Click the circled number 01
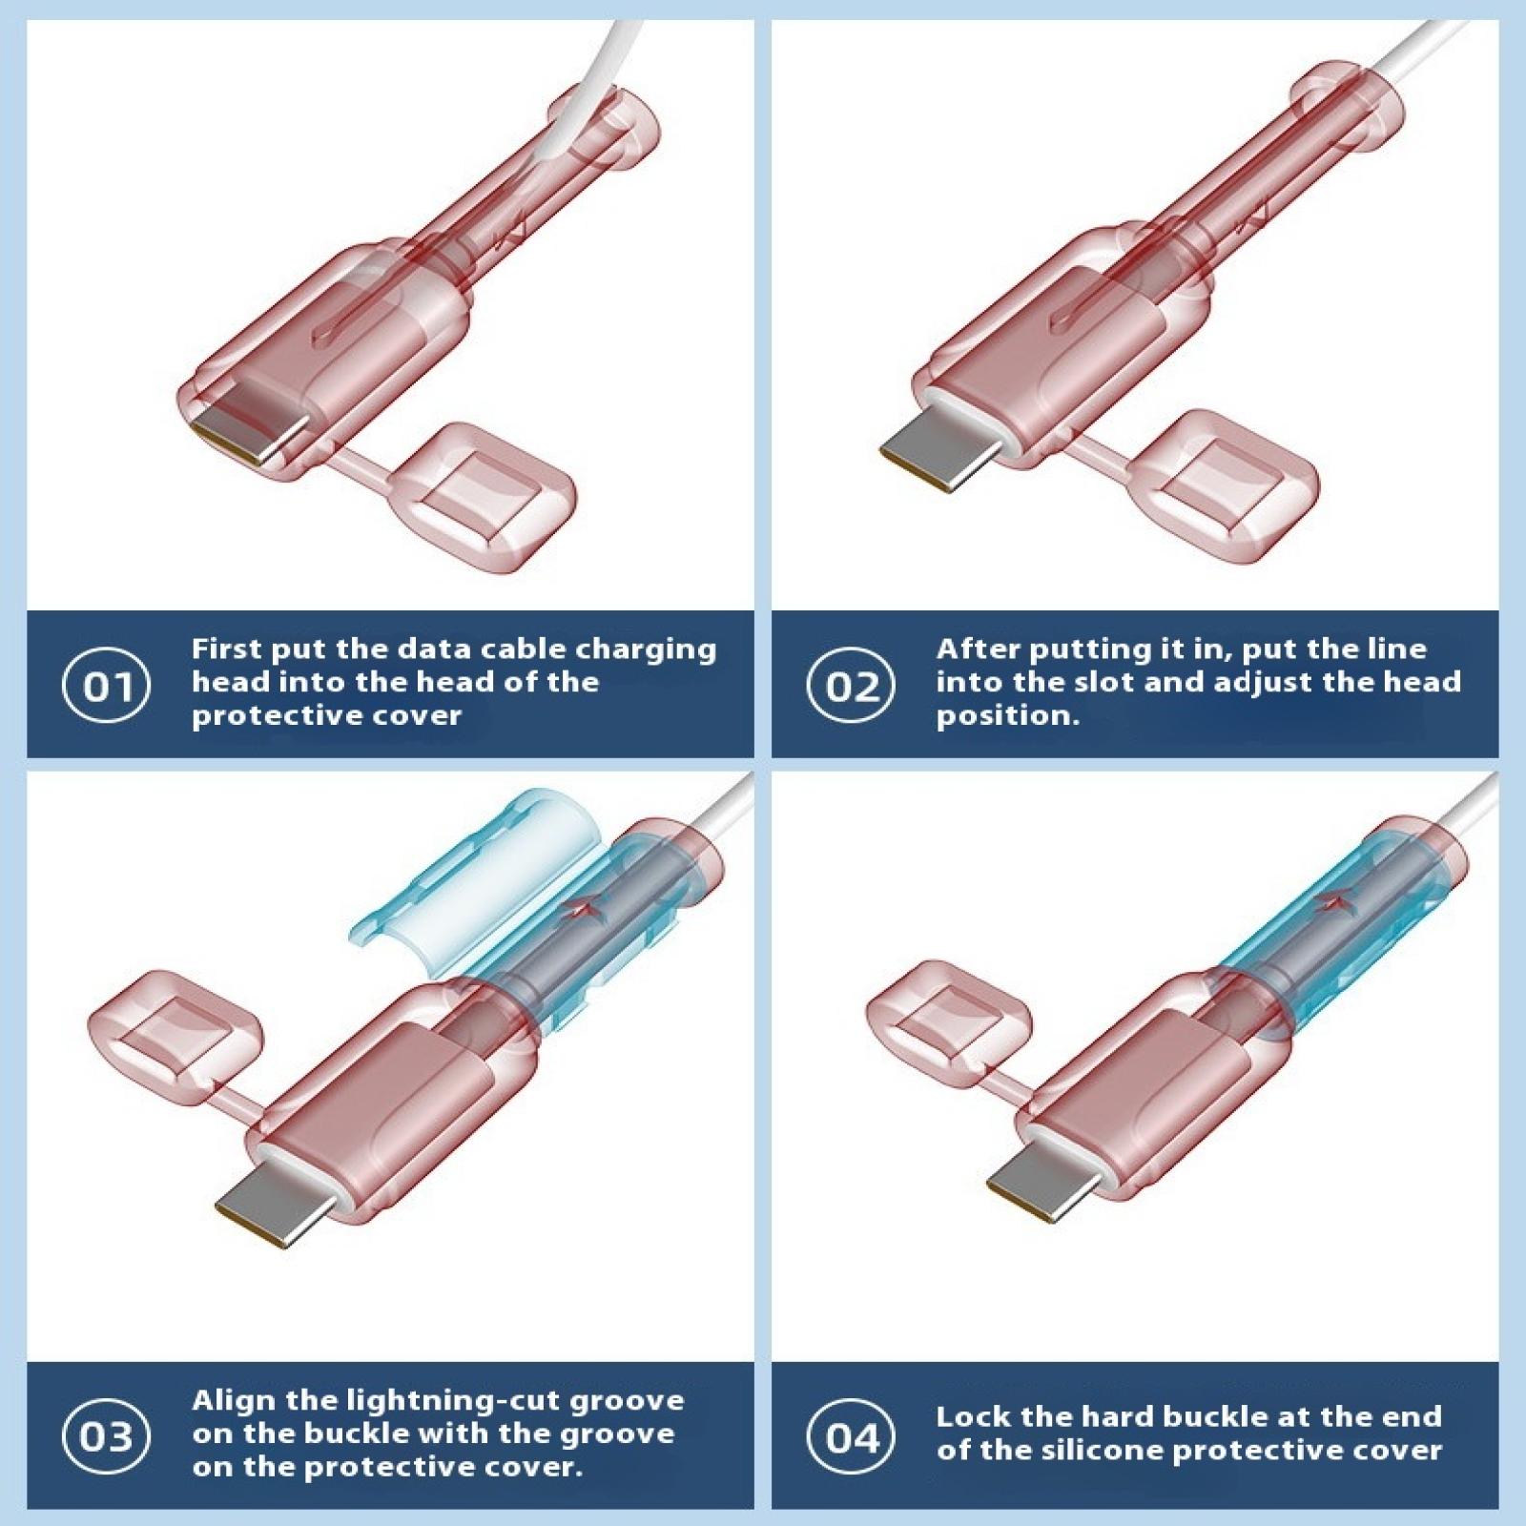click(106, 685)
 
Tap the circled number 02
click(851, 685)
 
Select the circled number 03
click(106, 1436)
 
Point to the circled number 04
click(851, 1436)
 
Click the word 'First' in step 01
click(227, 649)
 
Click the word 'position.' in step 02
click(1007, 716)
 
